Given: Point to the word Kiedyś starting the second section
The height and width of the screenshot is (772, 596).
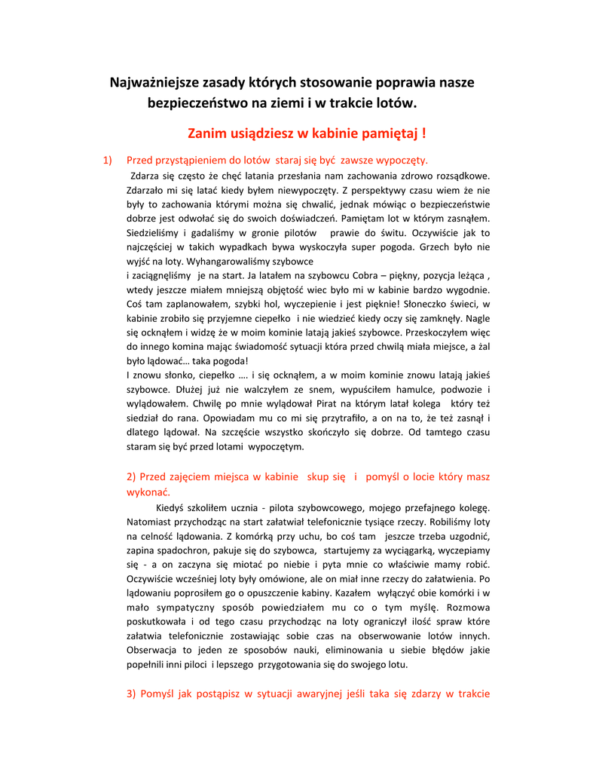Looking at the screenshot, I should pos(170,507).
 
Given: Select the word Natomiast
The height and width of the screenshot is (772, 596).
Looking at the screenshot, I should pos(149,522).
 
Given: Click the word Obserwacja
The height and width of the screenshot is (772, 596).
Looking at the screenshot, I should pos(153,651).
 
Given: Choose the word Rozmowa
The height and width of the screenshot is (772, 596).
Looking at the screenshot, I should pos(468,608).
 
